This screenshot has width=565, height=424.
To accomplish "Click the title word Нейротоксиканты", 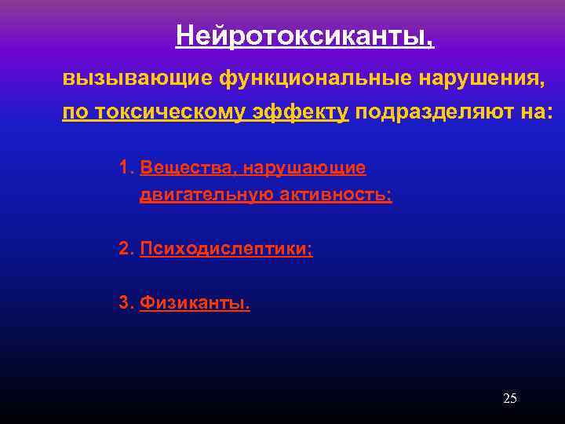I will click(302, 35).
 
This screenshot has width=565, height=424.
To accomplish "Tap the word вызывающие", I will click(138, 79).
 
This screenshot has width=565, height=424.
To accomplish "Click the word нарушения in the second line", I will click(480, 79).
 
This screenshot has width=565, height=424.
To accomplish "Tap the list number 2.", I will click(125, 249).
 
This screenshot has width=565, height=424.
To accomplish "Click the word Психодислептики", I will click(225, 249).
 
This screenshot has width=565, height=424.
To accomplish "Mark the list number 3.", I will click(125, 303).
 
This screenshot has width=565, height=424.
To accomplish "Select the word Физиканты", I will click(195, 303).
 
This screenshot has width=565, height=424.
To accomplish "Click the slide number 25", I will click(509, 399).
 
